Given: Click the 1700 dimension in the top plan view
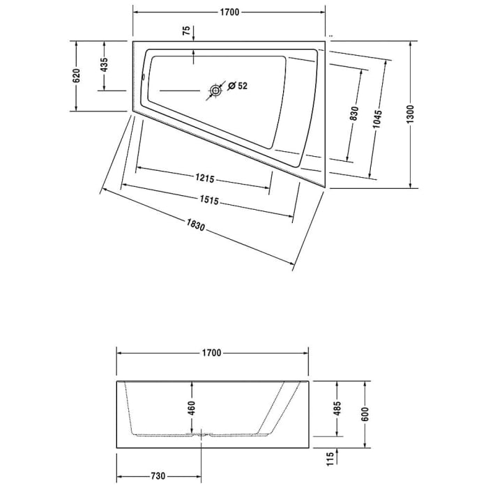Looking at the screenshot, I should [230, 13].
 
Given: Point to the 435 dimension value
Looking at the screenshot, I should [105, 66].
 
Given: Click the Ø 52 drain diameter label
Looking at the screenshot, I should [237, 87].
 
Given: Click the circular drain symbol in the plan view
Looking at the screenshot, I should [215, 89].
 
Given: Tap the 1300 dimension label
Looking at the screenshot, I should [411, 114].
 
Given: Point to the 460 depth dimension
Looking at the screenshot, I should [192, 407].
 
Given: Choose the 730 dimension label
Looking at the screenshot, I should [158, 476].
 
